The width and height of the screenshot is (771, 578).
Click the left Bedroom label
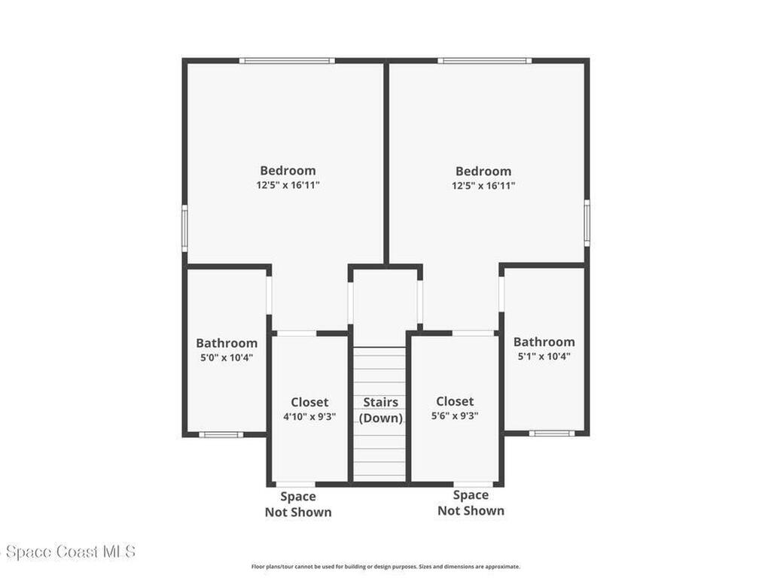click(288, 171)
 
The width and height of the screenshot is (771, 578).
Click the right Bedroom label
click(483, 171)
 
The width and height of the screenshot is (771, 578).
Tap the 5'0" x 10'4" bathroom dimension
click(226, 357)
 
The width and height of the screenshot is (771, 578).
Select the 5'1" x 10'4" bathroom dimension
click(544, 356)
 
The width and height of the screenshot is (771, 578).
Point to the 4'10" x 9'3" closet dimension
click(309, 417)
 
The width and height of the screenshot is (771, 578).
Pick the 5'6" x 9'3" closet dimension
click(455, 415)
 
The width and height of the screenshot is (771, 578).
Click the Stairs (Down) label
click(380, 410)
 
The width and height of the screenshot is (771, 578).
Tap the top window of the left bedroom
click(287, 61)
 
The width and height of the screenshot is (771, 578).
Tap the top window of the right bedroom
click(484, 61)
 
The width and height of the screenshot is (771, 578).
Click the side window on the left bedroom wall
click(185, 228)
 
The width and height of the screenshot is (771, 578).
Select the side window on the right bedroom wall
click(587, 222)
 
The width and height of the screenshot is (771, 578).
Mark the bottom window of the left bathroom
click(221, 434)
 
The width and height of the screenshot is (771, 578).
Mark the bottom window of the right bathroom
click(552, 433)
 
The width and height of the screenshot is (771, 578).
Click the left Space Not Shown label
click(298, 504)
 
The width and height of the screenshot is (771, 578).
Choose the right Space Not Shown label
click(471, 503)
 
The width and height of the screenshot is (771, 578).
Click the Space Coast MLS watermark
click(68, 552)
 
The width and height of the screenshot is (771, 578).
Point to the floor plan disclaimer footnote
click(385, 567)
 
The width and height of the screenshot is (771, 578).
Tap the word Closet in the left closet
click(309, 402)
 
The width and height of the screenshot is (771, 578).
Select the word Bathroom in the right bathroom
click(544, 342)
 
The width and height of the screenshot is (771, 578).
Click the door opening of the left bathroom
click(269, 295)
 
